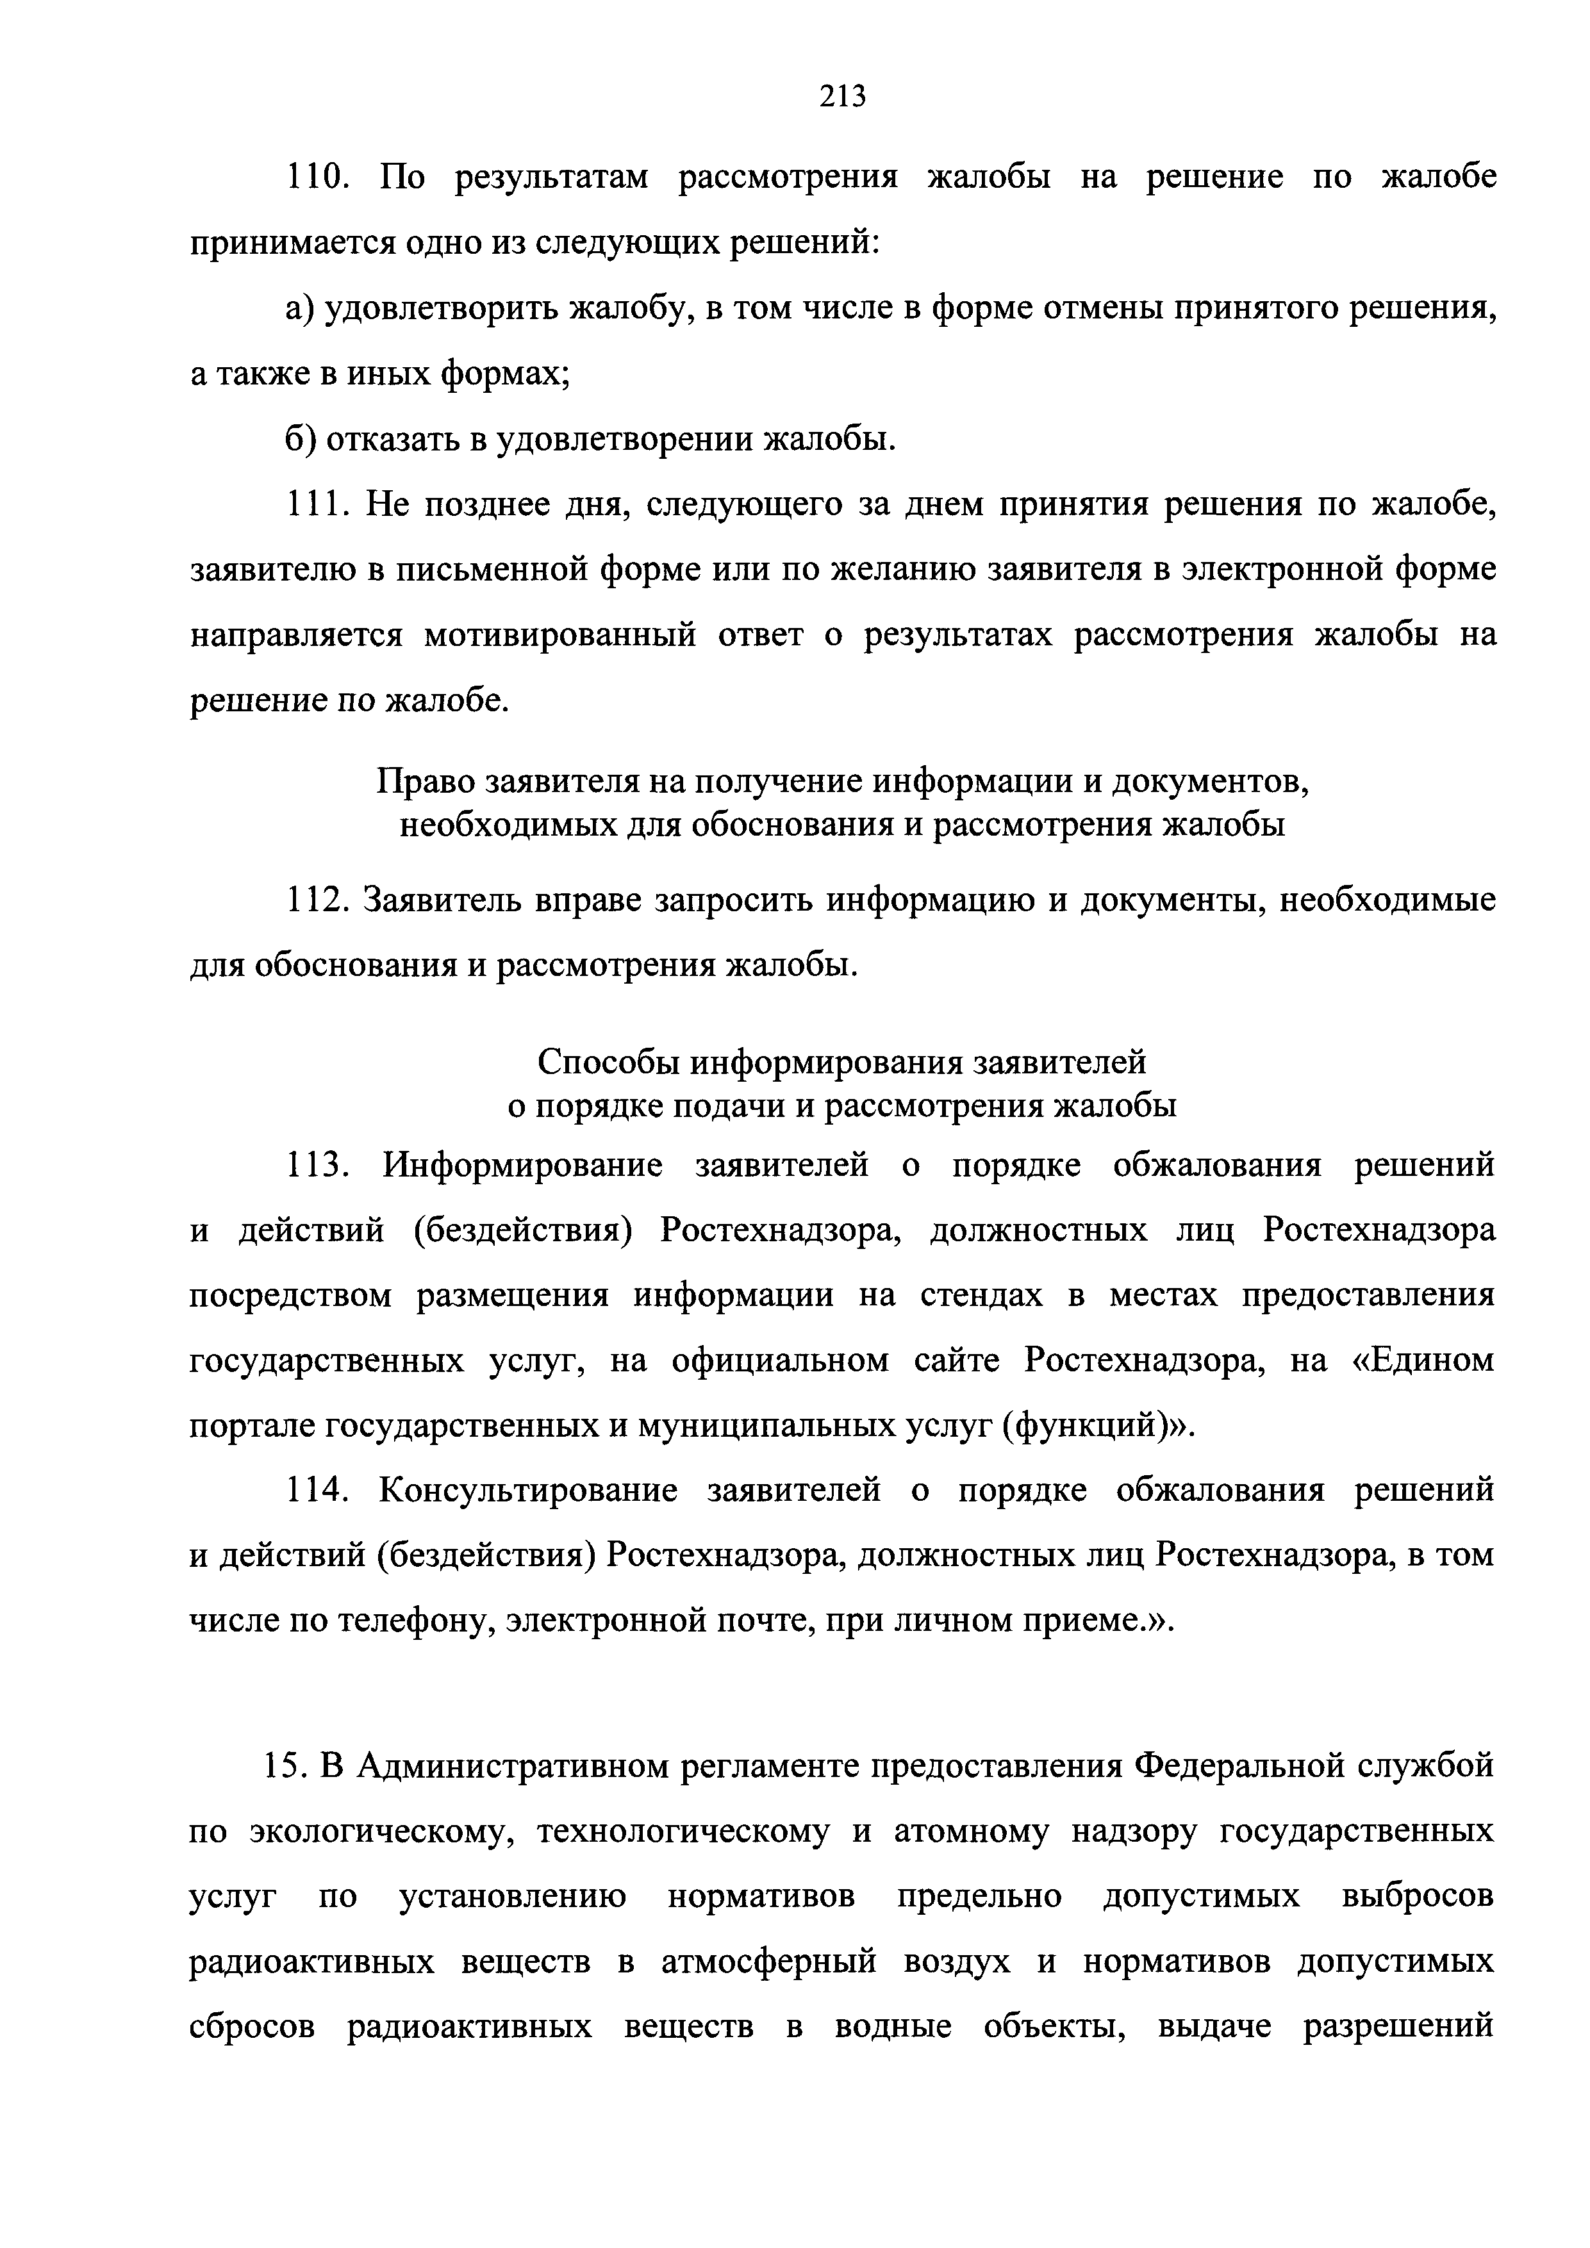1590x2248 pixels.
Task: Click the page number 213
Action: (x=843, y=97)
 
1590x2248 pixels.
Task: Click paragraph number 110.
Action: (x=312, y=178)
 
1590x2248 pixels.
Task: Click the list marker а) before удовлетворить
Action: (x=297, y=310)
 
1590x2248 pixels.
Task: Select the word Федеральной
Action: (x=1234, y=1766)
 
